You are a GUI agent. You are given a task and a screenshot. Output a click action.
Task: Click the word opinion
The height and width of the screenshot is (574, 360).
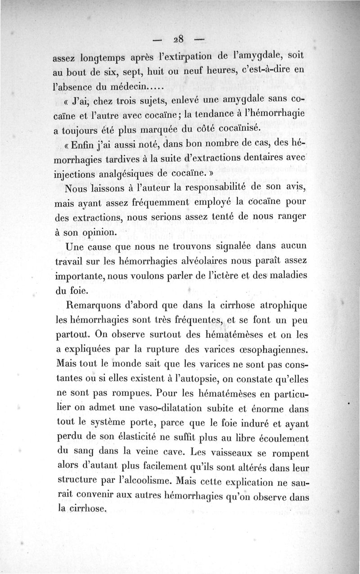coord(100,233)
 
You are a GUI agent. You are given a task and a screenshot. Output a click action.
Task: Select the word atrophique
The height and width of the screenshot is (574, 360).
coord(279,306)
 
